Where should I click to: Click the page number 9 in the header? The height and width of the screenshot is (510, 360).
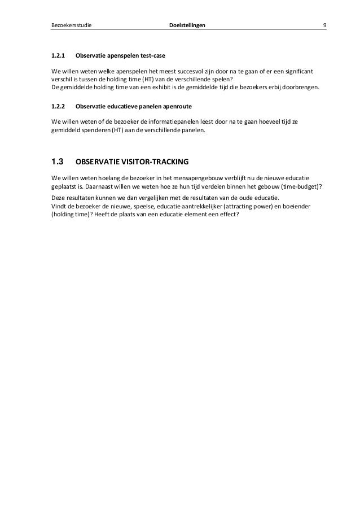coord(324,25)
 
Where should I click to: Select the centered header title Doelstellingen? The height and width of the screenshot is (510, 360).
coord(188,25)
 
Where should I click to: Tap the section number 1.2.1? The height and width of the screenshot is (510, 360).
coord(59,56)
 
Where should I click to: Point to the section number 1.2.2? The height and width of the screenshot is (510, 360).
coord(59,105)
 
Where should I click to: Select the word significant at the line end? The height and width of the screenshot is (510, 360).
coord(298,72)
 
